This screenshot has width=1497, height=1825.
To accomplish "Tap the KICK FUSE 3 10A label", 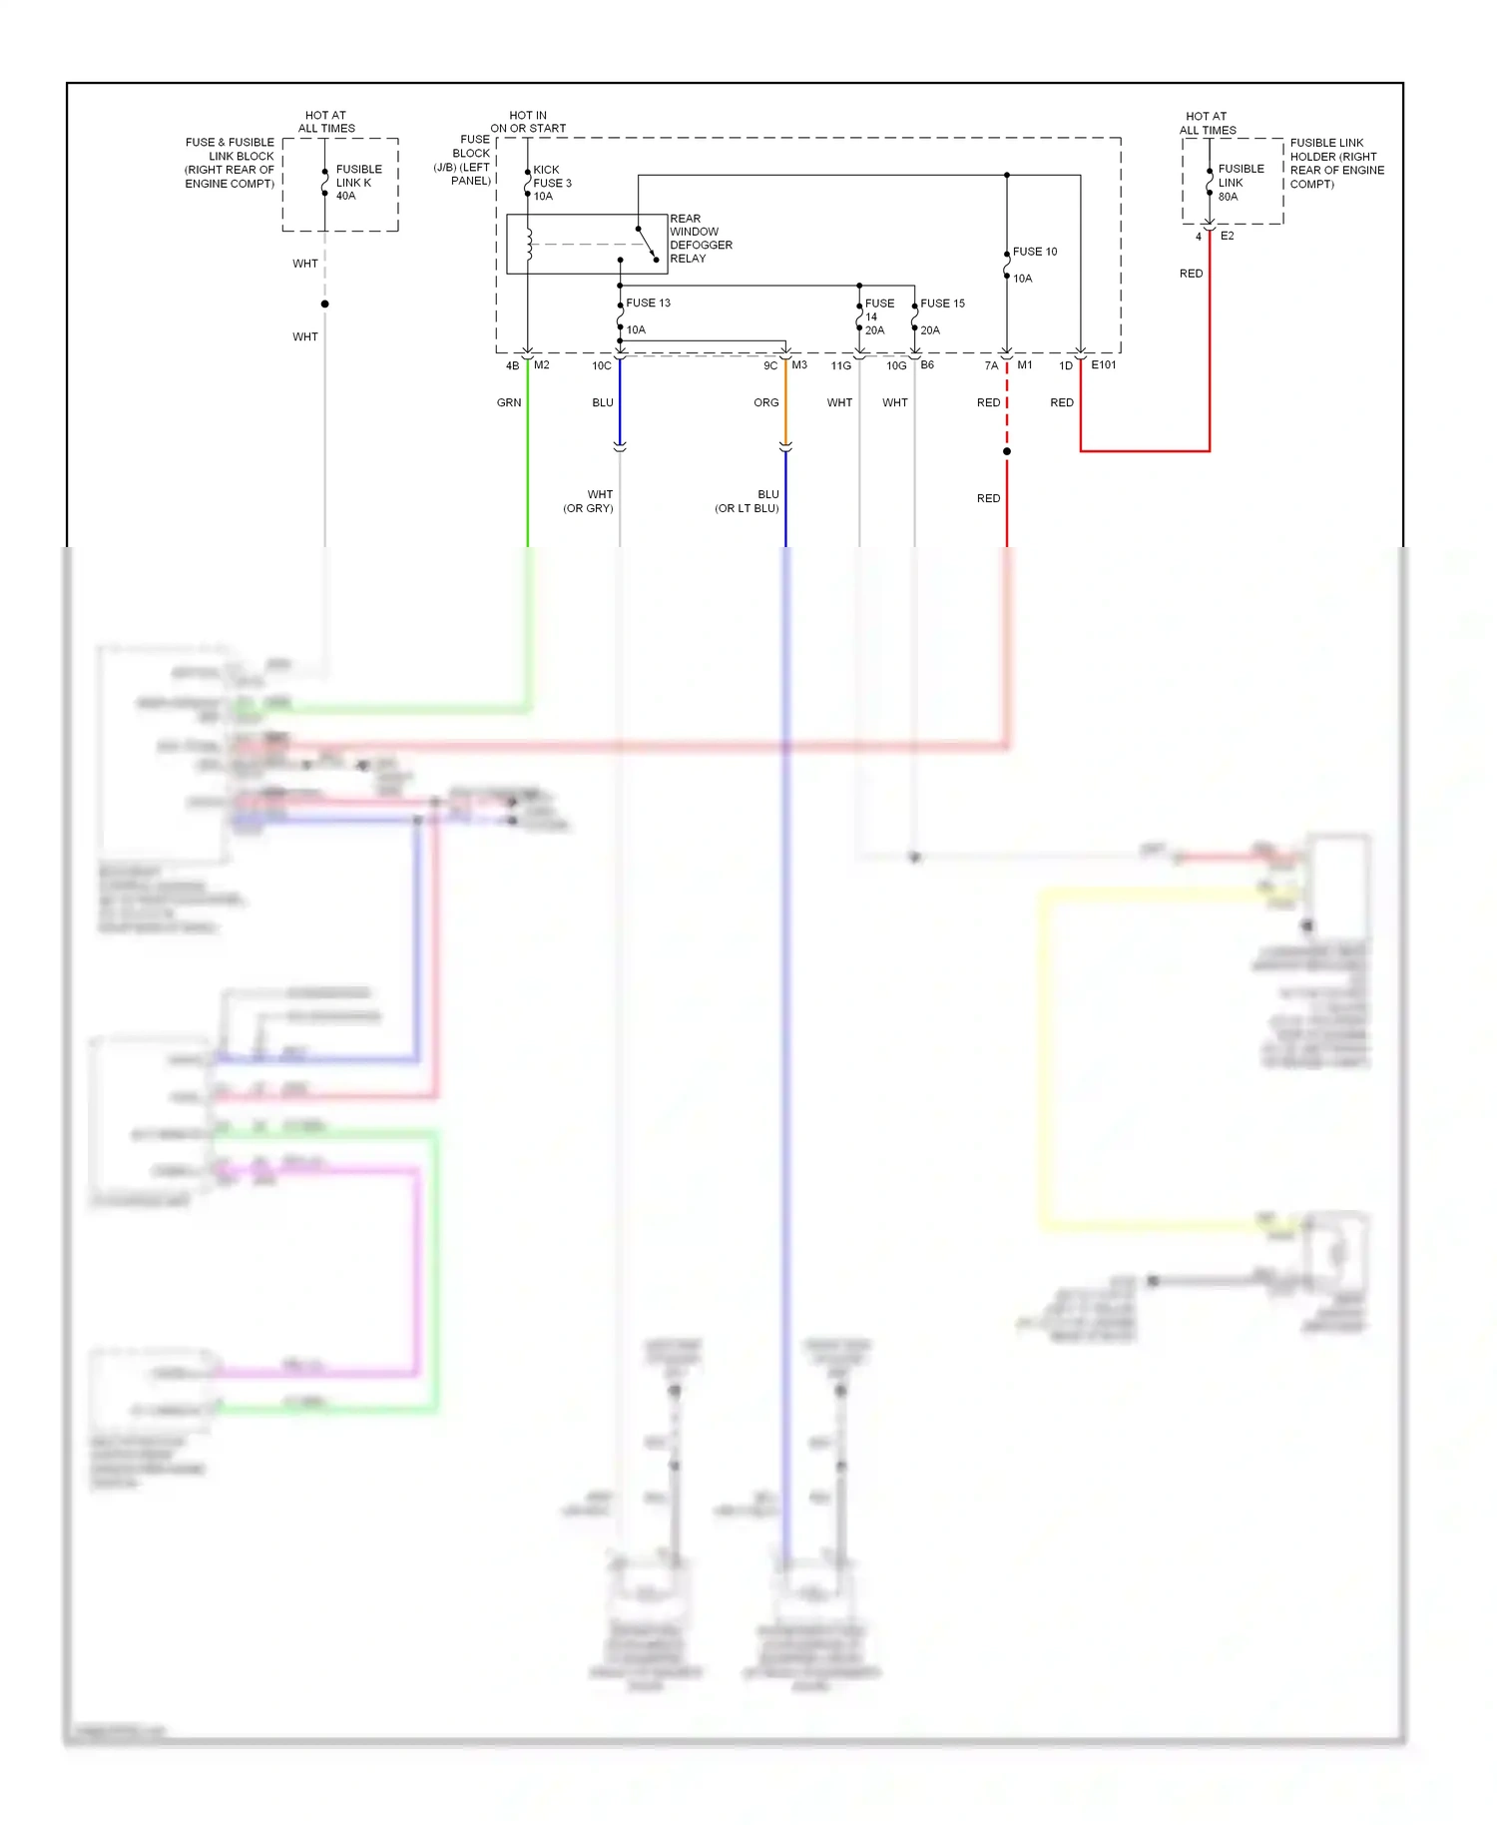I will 552,183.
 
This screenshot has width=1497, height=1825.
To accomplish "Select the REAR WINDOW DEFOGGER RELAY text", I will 701,239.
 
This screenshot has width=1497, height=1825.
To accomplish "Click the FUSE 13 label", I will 648,303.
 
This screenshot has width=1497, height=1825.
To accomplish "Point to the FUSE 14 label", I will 878,309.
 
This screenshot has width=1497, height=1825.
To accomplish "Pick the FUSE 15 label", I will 942,304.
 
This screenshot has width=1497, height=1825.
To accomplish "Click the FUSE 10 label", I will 1034,252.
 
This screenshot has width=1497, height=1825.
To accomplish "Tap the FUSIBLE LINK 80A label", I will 1241,183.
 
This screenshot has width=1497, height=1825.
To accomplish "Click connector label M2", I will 542,365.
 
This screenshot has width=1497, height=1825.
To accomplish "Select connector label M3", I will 799,365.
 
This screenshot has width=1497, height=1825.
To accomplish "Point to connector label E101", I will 1104,365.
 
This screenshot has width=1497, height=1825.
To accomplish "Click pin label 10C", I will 601,366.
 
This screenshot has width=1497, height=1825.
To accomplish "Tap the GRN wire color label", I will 509,403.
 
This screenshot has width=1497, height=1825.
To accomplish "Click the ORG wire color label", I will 765,403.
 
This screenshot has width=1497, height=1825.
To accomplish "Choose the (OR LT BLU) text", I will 747,509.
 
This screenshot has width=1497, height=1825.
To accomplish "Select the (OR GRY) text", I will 588,509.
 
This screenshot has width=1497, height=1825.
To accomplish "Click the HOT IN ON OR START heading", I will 528,122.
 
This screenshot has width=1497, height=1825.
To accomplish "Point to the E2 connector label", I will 1228,237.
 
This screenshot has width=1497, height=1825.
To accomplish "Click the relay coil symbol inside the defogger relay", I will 529,245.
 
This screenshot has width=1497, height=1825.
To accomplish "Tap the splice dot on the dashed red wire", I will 1007,451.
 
